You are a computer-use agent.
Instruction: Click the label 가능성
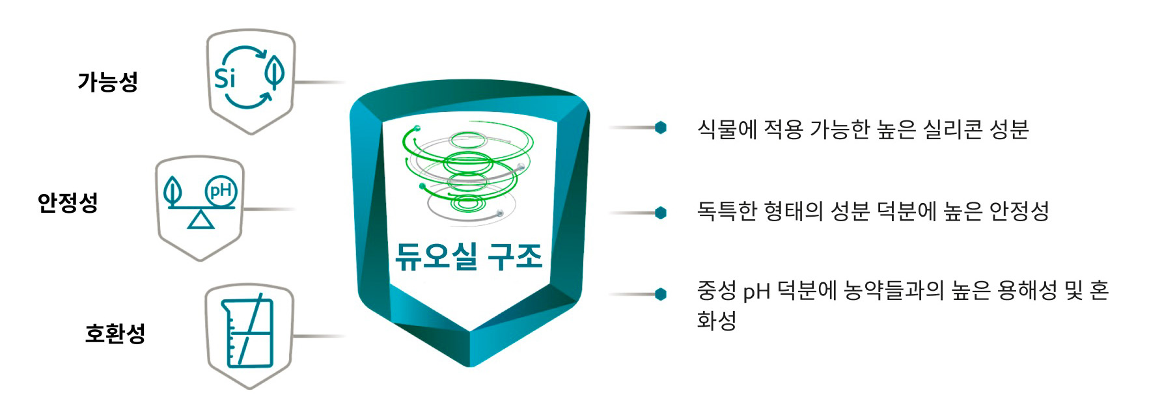coord(107,82)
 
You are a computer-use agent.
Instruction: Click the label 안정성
coord(68,202)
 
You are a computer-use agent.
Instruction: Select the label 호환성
coord(115,333)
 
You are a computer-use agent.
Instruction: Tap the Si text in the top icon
coord(225,78)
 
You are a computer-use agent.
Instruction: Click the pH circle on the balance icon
coord(221,191)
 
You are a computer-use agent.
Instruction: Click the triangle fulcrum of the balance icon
coord(201,220)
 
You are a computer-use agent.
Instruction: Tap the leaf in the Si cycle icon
coord(275,72)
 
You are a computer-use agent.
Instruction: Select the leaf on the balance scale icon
coord(173,190)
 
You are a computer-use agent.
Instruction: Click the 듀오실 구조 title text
coord(469,256)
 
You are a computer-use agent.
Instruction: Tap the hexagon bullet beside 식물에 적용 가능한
coord(661,128)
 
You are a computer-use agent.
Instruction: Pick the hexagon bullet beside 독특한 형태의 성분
coord(661,213)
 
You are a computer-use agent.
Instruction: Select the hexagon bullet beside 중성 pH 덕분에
coord(661,294)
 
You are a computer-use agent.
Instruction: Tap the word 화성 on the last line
coord(716,320)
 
